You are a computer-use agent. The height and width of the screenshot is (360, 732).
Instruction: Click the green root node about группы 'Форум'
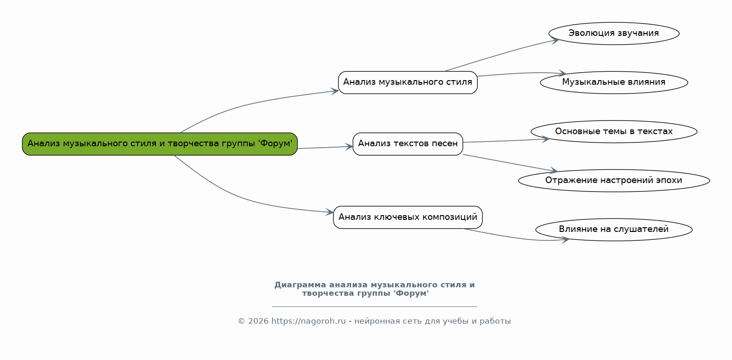coord(160,144)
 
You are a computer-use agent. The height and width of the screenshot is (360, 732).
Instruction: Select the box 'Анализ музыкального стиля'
coord(408,82)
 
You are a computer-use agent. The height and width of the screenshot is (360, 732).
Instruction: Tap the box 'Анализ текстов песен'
coord(408,144)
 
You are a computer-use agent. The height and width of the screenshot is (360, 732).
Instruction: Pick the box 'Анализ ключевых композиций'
coord(408,217)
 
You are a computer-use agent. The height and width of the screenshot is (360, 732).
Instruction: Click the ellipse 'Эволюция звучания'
coord(614,34)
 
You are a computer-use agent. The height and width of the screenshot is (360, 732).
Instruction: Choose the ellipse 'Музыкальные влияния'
coord(614,82)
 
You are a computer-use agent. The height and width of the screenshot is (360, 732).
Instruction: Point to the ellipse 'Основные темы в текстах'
coord(614,131)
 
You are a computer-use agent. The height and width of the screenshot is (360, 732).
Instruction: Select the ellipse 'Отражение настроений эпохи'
coord(614,181)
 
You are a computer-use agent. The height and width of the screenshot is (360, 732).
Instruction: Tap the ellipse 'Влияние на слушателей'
coord(614,230)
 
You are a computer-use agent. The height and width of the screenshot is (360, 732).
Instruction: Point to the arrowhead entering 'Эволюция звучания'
coord(555,41)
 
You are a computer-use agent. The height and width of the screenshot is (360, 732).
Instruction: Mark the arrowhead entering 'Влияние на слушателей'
coord(565,240)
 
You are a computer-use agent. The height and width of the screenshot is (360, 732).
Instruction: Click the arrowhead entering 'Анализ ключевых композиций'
coord(329,212)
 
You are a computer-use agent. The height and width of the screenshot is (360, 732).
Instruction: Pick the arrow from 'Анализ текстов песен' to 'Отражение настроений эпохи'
coord(510,163)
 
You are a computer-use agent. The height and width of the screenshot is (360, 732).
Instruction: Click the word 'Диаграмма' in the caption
coord(300,285)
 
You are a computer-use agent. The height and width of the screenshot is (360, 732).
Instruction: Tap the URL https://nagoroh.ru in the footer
coord(308,321)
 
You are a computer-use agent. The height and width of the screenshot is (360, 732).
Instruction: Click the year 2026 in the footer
coord(258,321)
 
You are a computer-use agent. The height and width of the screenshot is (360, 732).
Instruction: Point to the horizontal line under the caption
coord(374,307)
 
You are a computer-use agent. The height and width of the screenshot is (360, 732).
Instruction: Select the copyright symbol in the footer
coord(242,321)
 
